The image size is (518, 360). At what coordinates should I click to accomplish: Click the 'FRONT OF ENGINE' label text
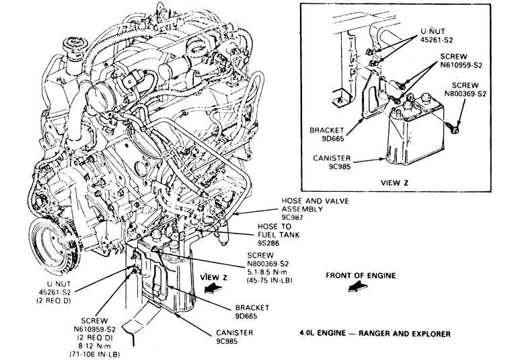[x=360, y=275]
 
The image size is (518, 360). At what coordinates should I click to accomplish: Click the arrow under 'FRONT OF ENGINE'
[x=358, y=288]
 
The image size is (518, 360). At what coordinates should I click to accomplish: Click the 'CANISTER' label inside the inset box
[x=328, y=159]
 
